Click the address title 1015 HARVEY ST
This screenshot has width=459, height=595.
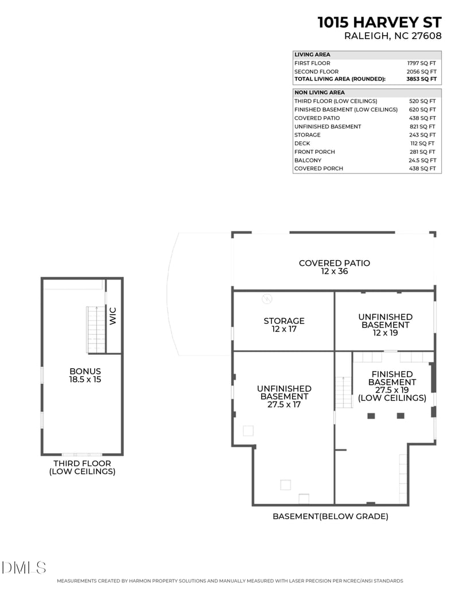[379, 22]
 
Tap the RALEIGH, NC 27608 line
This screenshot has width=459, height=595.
[392, 36]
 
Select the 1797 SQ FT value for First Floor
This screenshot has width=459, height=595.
[422, 63]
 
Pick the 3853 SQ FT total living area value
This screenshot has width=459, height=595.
[421, 79]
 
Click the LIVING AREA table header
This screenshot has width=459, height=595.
[312, 55]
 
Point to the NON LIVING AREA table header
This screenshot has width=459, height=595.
[320, 92]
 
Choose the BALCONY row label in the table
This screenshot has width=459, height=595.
[308, 160]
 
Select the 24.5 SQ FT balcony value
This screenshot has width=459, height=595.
[422, 160]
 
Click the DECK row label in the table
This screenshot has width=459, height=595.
[302, 144]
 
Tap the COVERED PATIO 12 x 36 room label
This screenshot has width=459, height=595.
[334, 267]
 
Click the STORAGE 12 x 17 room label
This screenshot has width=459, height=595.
[284, 325]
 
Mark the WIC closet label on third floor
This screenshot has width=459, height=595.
[113, 316]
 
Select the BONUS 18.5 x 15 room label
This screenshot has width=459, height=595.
[85, 375]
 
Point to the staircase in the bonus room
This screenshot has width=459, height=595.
[96, 330]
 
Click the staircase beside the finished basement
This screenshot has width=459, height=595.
[343, 392]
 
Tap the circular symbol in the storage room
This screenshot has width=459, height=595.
[267, 299]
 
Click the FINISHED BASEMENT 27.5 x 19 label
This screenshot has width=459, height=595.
[392, 386]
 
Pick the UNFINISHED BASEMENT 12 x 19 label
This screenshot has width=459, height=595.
[385, 324]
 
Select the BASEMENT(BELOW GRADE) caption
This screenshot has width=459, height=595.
[330, 516]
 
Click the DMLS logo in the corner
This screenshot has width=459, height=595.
[24, 568]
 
